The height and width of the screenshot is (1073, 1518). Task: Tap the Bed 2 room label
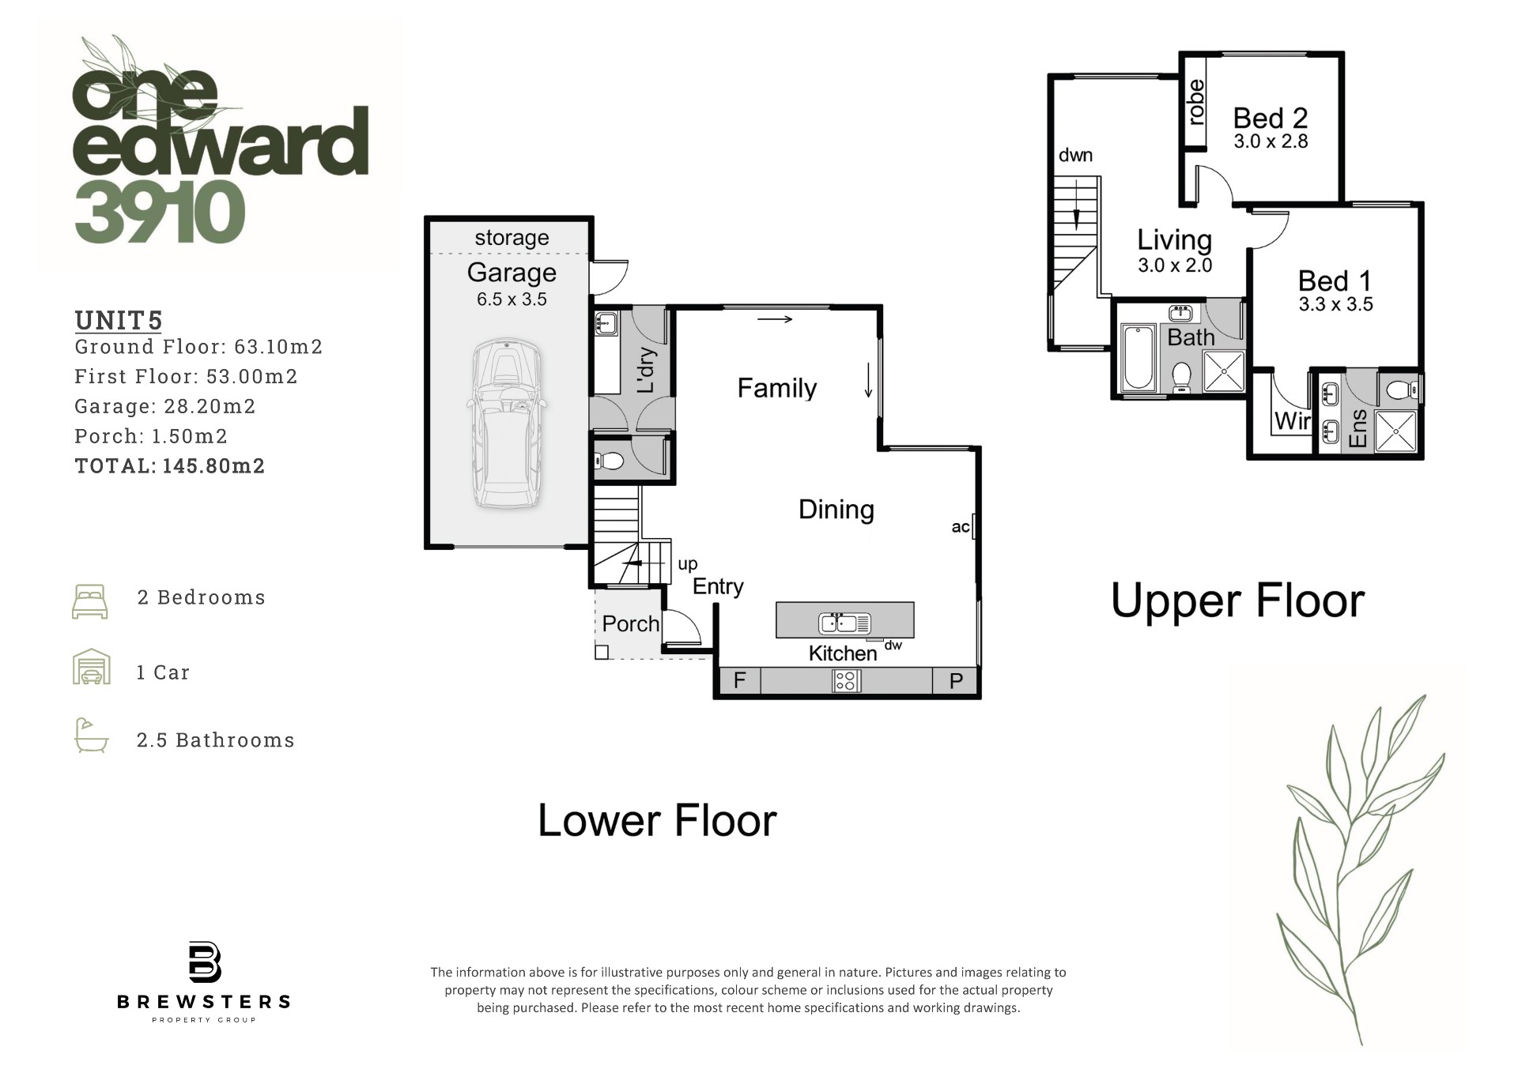[1271, 119]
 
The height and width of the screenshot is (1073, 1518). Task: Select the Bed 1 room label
[1335, 281]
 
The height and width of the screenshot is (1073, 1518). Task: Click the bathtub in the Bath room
[1138, 356]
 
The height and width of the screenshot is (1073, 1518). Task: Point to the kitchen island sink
[844, 623]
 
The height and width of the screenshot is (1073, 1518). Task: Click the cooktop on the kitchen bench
[846, 680]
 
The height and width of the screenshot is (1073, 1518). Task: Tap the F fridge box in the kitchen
[739, 680]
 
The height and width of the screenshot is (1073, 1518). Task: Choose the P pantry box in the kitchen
[956, 680]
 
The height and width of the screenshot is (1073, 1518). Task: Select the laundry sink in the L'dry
[606, 323]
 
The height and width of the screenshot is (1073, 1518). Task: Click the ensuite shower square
[1395, 431]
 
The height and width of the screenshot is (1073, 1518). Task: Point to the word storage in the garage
[512, 238]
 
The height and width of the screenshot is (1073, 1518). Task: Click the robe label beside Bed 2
[1196, 102]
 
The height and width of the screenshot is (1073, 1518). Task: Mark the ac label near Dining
[960, 527]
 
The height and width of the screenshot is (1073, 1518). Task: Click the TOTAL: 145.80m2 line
[170, 466]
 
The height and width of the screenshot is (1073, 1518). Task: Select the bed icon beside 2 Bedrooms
[90, 601]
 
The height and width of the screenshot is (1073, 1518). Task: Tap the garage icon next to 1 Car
[92, 667]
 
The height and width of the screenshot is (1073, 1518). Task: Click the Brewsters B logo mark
[205, 962]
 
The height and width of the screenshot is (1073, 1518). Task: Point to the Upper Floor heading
[1237, 601]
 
